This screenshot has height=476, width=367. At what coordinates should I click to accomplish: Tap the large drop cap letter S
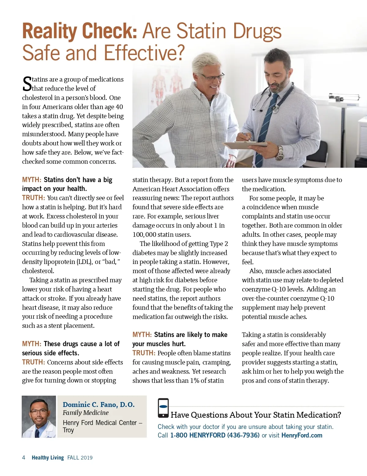(27, 84)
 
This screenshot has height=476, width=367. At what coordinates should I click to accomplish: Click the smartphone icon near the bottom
(163, 408)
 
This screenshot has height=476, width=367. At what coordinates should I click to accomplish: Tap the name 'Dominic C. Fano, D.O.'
(98, 405)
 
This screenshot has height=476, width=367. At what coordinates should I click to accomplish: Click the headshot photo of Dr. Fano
(39, 417)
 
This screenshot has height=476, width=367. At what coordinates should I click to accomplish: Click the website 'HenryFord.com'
(302, 435)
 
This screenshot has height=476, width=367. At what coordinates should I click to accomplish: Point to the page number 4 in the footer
(24, 457)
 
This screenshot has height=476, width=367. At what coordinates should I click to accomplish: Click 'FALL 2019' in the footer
(80, 457)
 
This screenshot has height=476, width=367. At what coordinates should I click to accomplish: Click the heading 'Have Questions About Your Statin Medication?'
(256, 415)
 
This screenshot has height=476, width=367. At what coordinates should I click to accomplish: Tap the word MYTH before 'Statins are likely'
(142, 335)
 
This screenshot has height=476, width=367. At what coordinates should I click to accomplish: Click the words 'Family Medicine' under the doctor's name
(86, 413)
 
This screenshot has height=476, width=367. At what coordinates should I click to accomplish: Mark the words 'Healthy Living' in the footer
(48, 457)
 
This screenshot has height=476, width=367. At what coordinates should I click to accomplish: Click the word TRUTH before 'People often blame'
(144, 353)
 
